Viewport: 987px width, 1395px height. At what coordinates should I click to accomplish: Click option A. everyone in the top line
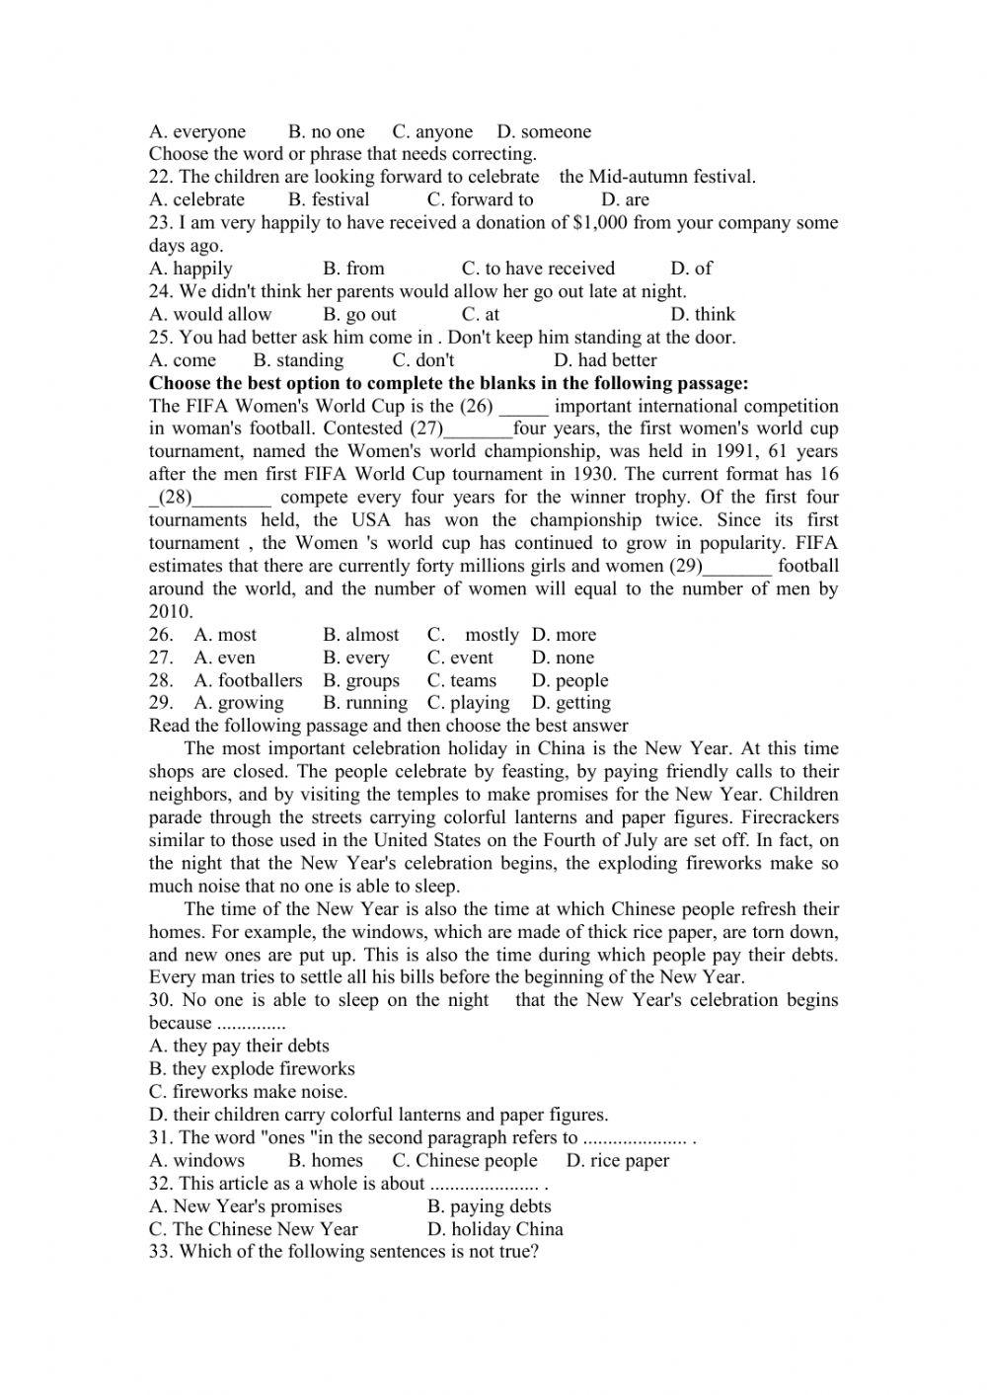point(197,131)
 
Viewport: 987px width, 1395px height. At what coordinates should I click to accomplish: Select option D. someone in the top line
point(544,131)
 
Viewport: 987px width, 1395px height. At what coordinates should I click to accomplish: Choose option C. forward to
point(480,199)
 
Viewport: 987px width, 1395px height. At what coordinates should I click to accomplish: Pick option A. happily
point(190,269)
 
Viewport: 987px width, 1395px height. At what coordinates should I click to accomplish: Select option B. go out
point(359,314)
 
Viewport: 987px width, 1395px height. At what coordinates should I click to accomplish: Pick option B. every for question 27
point(356,658)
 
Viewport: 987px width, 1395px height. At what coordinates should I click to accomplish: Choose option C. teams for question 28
point(462,680)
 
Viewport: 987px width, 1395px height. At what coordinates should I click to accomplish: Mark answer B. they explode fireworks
point(252,1068)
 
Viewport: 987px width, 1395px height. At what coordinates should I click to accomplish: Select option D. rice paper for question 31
point(618,1160)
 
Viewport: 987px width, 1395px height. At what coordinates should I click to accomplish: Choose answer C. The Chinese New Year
point(254,1229)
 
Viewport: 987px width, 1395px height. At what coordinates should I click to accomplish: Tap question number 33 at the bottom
point(161,1252)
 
